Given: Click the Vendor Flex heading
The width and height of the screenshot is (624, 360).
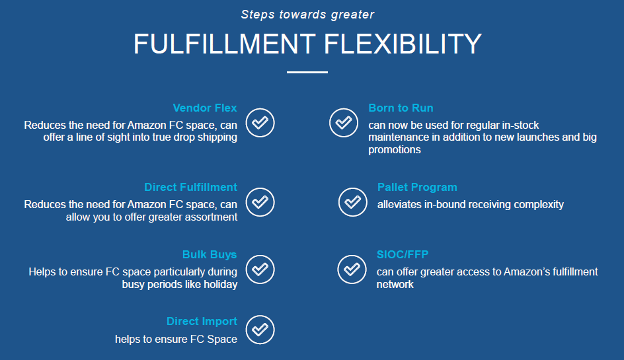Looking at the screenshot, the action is click(205, 108).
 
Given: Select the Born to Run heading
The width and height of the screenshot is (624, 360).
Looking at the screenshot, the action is click(401, 108).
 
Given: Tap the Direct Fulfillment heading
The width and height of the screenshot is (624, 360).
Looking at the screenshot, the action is click(190, 187).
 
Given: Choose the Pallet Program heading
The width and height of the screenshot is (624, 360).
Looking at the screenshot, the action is click(417, 187).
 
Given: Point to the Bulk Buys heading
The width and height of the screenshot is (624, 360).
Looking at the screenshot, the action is click(210, 254).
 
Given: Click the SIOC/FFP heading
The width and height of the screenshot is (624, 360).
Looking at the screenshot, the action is click(403, 254).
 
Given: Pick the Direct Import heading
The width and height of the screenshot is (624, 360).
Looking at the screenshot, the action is click(202, 321).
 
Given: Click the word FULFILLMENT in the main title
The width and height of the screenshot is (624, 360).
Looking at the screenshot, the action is click(225, 44).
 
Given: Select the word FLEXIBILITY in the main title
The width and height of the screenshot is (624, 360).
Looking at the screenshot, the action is click(403, 44).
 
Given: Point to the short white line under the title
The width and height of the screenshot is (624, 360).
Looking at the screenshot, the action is click(307, 73).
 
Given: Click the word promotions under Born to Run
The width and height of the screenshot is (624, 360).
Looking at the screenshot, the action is click(395, 150).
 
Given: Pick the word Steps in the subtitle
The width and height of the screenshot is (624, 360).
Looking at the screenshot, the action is click(258, 15).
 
